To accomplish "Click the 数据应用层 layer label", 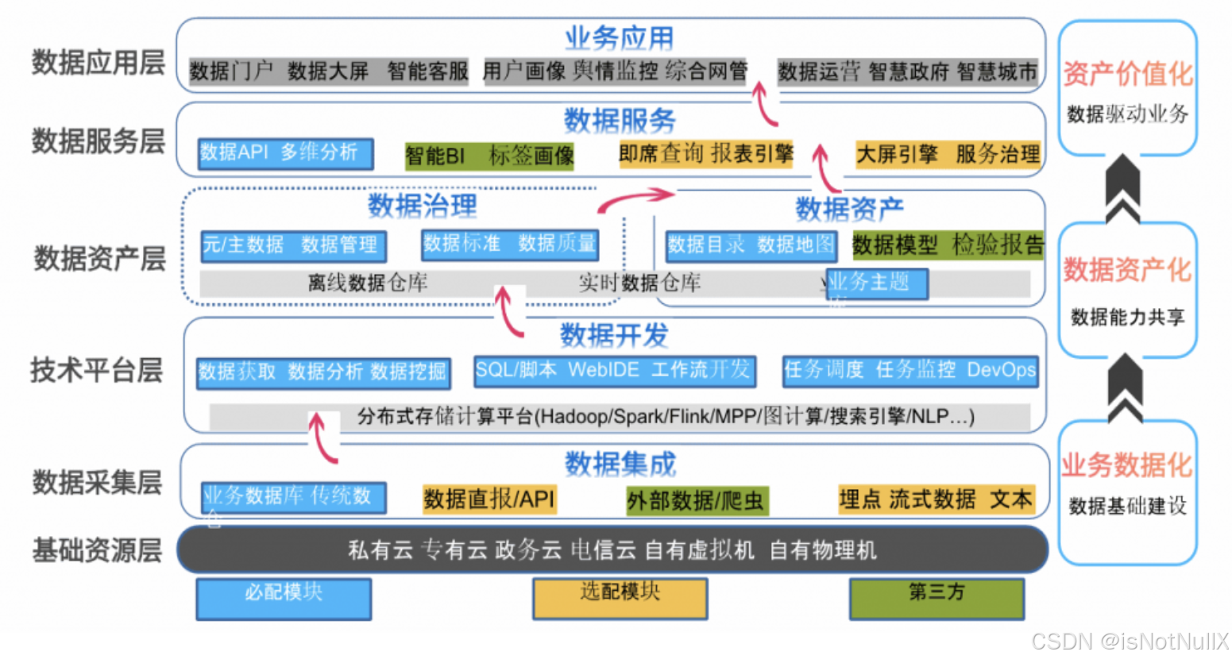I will click(x=98, y=62).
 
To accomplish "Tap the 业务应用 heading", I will click(x=619, y=37).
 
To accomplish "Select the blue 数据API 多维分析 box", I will click(x=285, y=152).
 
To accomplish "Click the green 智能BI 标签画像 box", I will click(x=489, y=156).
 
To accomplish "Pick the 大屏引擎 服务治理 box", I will click(x=947, y=154).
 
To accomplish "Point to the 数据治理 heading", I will click(x=422, y=206).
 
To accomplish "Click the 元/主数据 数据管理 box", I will click(x=293, y=245).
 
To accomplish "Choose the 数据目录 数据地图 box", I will click(x=751, y=245).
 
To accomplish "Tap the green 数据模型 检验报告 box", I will click(x=948, y=245).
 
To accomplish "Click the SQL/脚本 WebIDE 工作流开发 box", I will click(x=614, y=371).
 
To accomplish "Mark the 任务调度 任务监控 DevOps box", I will click(x=910, y=371).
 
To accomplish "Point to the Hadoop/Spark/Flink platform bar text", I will click(x=665, y=417).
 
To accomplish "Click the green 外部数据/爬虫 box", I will click(x=697, y=500).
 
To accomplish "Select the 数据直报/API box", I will click(x=489, y=499).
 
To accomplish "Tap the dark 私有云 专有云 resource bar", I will click(x=612, y=549).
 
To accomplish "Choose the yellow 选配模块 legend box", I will click(x=620, y=598).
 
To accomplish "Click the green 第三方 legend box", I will click(x=937, y=598).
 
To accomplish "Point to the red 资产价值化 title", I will click(x=1127, y=74).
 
